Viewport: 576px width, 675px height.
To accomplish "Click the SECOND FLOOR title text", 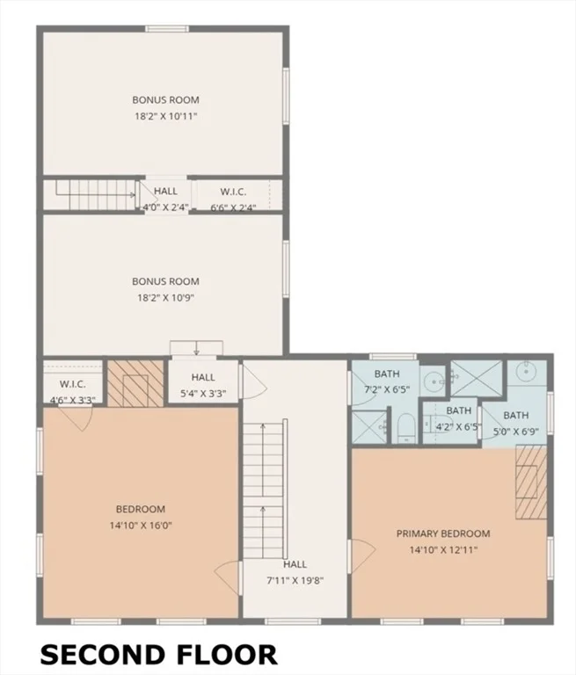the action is tap(158, 655).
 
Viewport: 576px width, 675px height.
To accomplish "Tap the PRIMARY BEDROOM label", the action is tap(443, 533).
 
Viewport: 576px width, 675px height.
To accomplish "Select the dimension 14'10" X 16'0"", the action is tap(141, 526).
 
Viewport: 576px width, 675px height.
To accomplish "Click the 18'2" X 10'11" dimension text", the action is tap(166, 116).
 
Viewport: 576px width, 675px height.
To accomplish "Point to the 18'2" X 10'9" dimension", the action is tap(166, 298).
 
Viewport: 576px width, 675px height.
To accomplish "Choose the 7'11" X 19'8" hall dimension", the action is tap(295, 580).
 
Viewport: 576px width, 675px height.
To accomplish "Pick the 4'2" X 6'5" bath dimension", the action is tap(458, 427).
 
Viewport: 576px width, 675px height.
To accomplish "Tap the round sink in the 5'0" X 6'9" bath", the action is tap(526, 371).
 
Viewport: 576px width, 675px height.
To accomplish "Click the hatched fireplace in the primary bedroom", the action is tap(532, 483).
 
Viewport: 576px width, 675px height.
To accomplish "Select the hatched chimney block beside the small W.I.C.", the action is tap(135, 383).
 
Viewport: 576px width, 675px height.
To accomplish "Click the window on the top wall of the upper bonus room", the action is tap(167, 29).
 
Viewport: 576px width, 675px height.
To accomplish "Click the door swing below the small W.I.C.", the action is tap(76, 417).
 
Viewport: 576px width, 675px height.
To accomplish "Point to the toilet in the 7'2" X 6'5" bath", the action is tap(405, 428).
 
